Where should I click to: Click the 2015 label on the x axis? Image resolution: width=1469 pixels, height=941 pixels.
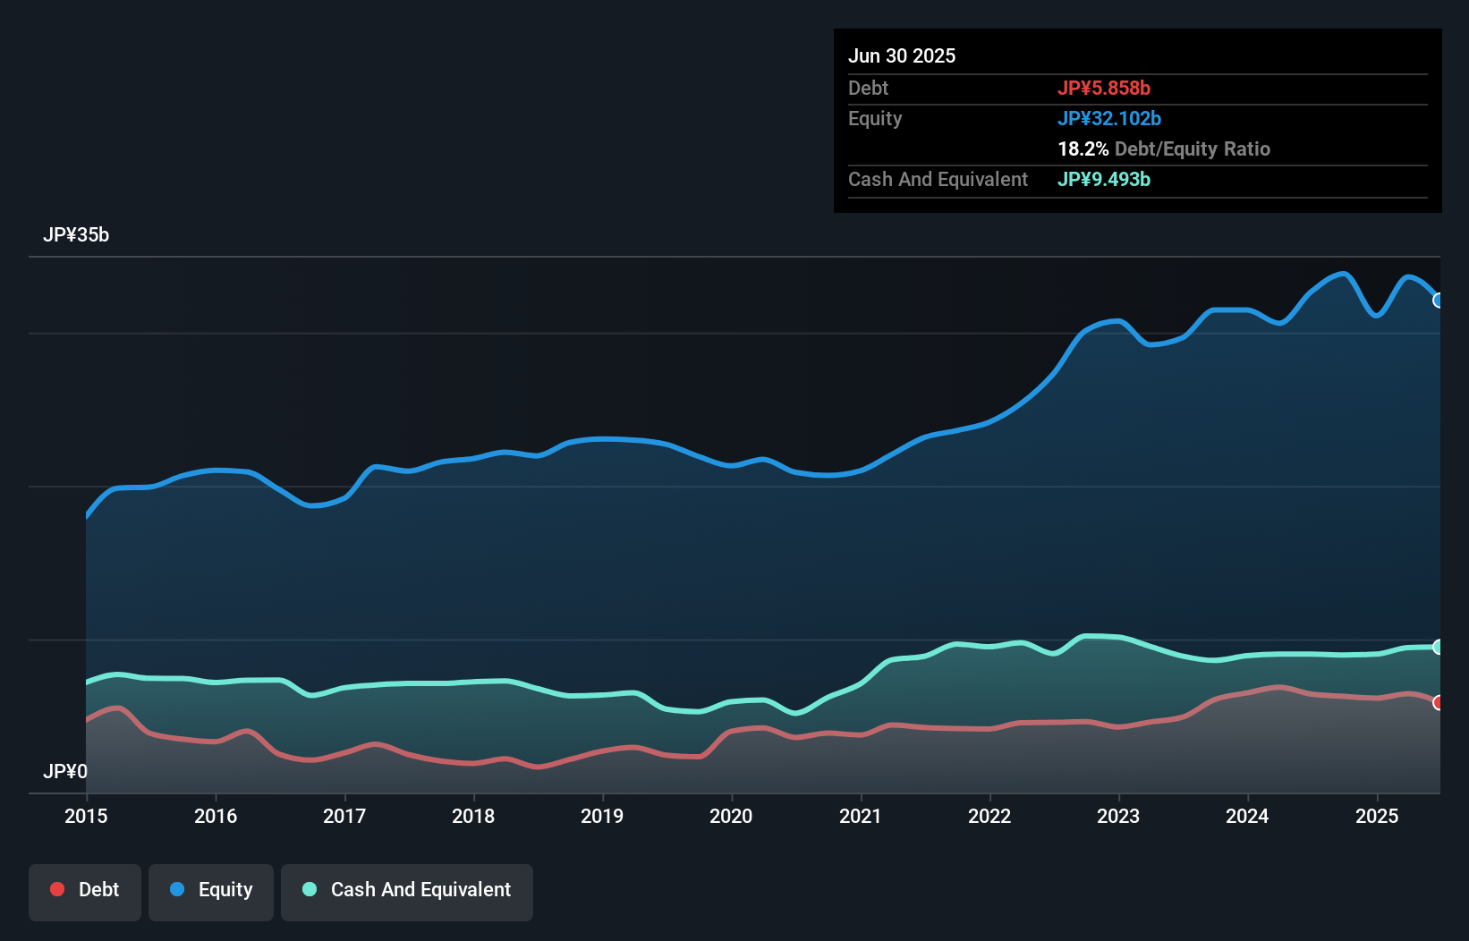86,816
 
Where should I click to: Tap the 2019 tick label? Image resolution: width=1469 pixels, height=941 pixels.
602,816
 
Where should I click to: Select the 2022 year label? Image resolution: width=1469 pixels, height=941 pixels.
989,816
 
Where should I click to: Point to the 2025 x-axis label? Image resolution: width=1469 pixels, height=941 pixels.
1377,816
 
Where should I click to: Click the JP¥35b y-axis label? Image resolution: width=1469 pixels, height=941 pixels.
76,235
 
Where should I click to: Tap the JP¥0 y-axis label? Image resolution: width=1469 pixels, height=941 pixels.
65,771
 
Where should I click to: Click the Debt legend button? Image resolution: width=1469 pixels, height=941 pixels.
85,890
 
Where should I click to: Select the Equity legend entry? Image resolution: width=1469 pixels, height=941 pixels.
211,890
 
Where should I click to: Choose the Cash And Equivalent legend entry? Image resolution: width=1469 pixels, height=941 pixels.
407,890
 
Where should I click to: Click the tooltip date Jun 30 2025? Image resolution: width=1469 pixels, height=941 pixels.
902,55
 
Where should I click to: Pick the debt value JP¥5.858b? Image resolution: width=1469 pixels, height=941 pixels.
1104,88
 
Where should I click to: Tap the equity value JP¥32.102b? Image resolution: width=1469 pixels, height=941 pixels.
1109,118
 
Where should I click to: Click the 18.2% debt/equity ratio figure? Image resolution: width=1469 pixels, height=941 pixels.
1083,148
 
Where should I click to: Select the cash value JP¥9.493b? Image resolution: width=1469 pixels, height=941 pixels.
1104,179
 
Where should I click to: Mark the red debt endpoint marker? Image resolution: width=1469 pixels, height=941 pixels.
1439,702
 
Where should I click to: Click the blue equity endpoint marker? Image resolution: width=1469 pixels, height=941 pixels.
1439,301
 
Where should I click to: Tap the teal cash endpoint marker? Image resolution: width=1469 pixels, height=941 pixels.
1439,647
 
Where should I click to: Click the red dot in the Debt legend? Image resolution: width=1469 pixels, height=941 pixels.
57,889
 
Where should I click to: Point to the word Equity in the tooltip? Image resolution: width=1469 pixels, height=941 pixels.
875,118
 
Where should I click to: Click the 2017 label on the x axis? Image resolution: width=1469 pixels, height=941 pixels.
344,816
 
